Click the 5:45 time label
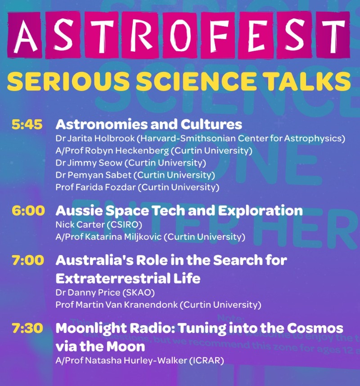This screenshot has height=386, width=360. (27, 124)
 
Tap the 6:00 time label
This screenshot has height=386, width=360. (28, 211)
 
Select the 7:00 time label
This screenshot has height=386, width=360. (28, 260)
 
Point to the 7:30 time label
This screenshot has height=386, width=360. (27, 328)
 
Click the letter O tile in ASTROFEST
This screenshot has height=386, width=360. (181, 35)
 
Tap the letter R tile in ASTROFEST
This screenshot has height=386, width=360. (141, 35)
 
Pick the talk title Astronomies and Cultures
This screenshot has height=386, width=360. (149, 124)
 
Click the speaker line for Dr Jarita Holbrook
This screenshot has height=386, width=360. (200, 139)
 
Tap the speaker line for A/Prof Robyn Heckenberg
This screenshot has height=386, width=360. (154, 151)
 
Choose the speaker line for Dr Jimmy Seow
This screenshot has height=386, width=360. (131, 163)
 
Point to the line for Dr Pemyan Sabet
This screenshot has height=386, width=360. (135, 175)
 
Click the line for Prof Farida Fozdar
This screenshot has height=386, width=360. (137, 187)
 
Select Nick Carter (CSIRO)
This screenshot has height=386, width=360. (99, 224)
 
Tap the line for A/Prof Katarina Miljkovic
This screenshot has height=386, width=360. (150, 237)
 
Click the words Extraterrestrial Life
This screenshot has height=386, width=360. (128, 278)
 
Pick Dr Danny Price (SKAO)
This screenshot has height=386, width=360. (105, 292)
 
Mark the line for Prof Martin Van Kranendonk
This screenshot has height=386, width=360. (158, 305)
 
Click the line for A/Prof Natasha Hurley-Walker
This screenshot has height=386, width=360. (140, 361)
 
